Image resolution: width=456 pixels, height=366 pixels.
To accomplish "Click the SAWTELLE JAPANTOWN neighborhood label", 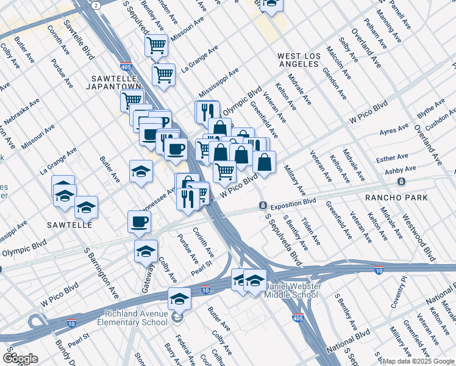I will point(116,83).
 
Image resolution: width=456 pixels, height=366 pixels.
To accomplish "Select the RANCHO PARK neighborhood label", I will point(396,198).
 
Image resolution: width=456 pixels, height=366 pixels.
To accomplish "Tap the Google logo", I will point(21,359).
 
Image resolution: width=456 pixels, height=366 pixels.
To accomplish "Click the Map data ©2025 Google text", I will point(418,361).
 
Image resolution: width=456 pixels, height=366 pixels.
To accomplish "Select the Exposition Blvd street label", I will point(293,203).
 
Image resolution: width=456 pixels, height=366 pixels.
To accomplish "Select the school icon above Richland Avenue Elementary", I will point(179,298).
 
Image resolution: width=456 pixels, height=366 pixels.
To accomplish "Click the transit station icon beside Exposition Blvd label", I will point(263,205).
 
